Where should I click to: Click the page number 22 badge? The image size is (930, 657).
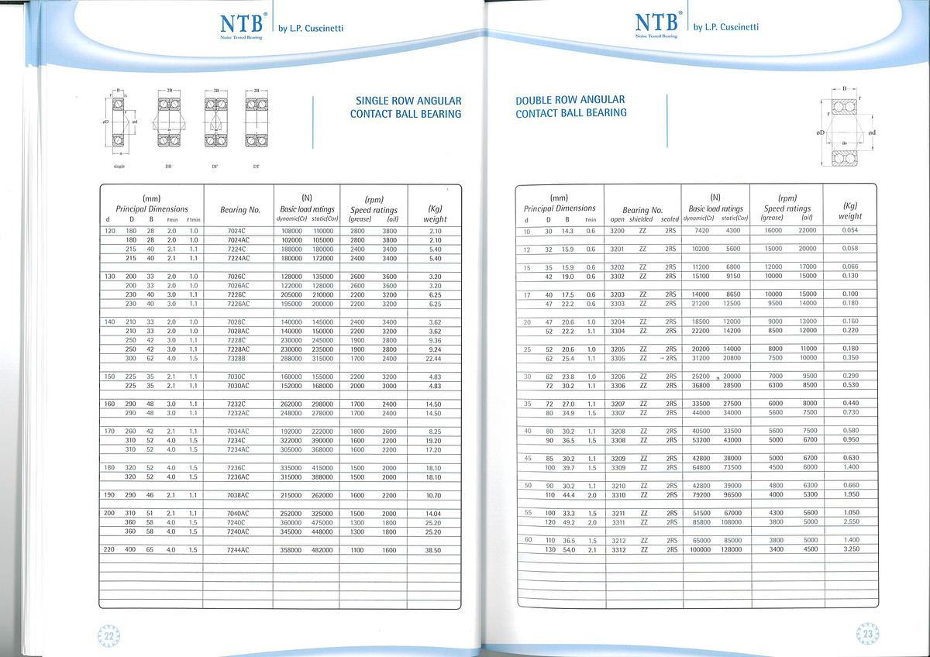tap(110, 635)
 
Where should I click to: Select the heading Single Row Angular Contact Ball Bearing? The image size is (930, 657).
tap(408, 107)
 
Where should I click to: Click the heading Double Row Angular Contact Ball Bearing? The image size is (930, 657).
tap(570, 106)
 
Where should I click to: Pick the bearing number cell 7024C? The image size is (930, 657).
tap(237, 231)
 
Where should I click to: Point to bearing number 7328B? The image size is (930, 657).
tap(237, 359)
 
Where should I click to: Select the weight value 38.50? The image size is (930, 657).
tap(433, 550)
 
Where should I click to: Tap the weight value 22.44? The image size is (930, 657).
tap(433, 359)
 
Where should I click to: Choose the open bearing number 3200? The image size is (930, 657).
tap(617, 231)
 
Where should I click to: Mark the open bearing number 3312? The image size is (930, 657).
tap(618, 549)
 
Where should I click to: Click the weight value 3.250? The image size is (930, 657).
tap(851, 549)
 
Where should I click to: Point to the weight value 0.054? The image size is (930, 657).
tap(850, 231)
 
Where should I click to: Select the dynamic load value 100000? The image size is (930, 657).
tap(700, 549)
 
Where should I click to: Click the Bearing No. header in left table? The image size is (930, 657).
tap(239, 210)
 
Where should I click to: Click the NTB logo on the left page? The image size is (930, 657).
tap(239, 25)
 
